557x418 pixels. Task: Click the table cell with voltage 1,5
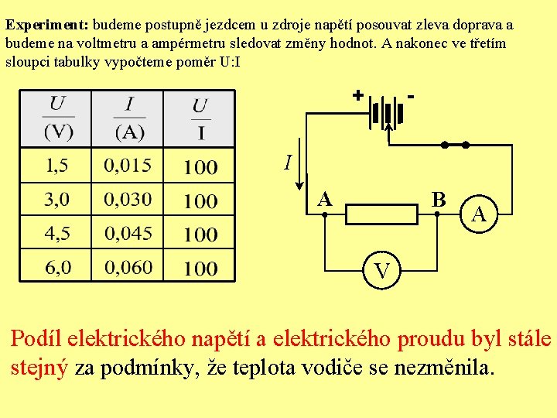click(56, 165)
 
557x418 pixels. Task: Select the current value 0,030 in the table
click(128, 199)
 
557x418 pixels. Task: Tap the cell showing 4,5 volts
click(56, 233)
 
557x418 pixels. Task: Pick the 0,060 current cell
click(128, 268)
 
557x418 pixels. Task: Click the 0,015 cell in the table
click(128, 165)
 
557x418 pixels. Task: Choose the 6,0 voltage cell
click(56, 268)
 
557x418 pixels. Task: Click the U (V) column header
click(57, 118)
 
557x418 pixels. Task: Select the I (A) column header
click(128, 118)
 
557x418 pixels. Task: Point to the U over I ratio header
click(200, 118)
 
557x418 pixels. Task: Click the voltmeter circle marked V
click(382, 271)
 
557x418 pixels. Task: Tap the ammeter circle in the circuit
click(480, 214)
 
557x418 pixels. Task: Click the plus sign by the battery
click(357, 95)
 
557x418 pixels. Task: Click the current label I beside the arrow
click(288, 163)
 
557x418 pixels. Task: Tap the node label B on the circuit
click(439, 200)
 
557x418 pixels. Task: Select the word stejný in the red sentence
click(39, 367)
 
